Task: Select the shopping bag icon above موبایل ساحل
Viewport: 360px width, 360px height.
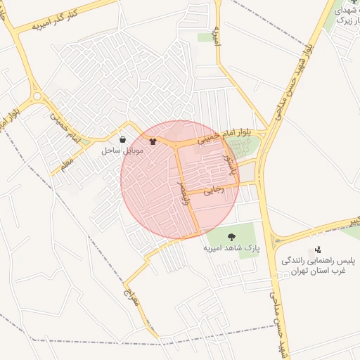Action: [x=123, y=140]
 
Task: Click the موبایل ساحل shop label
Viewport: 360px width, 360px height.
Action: [x=123, y=150]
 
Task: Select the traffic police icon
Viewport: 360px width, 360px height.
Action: [x=319, y=249]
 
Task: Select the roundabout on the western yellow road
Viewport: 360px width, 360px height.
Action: [x=37, y=96]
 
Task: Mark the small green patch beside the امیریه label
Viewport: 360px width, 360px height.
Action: [x=206, y=37]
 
